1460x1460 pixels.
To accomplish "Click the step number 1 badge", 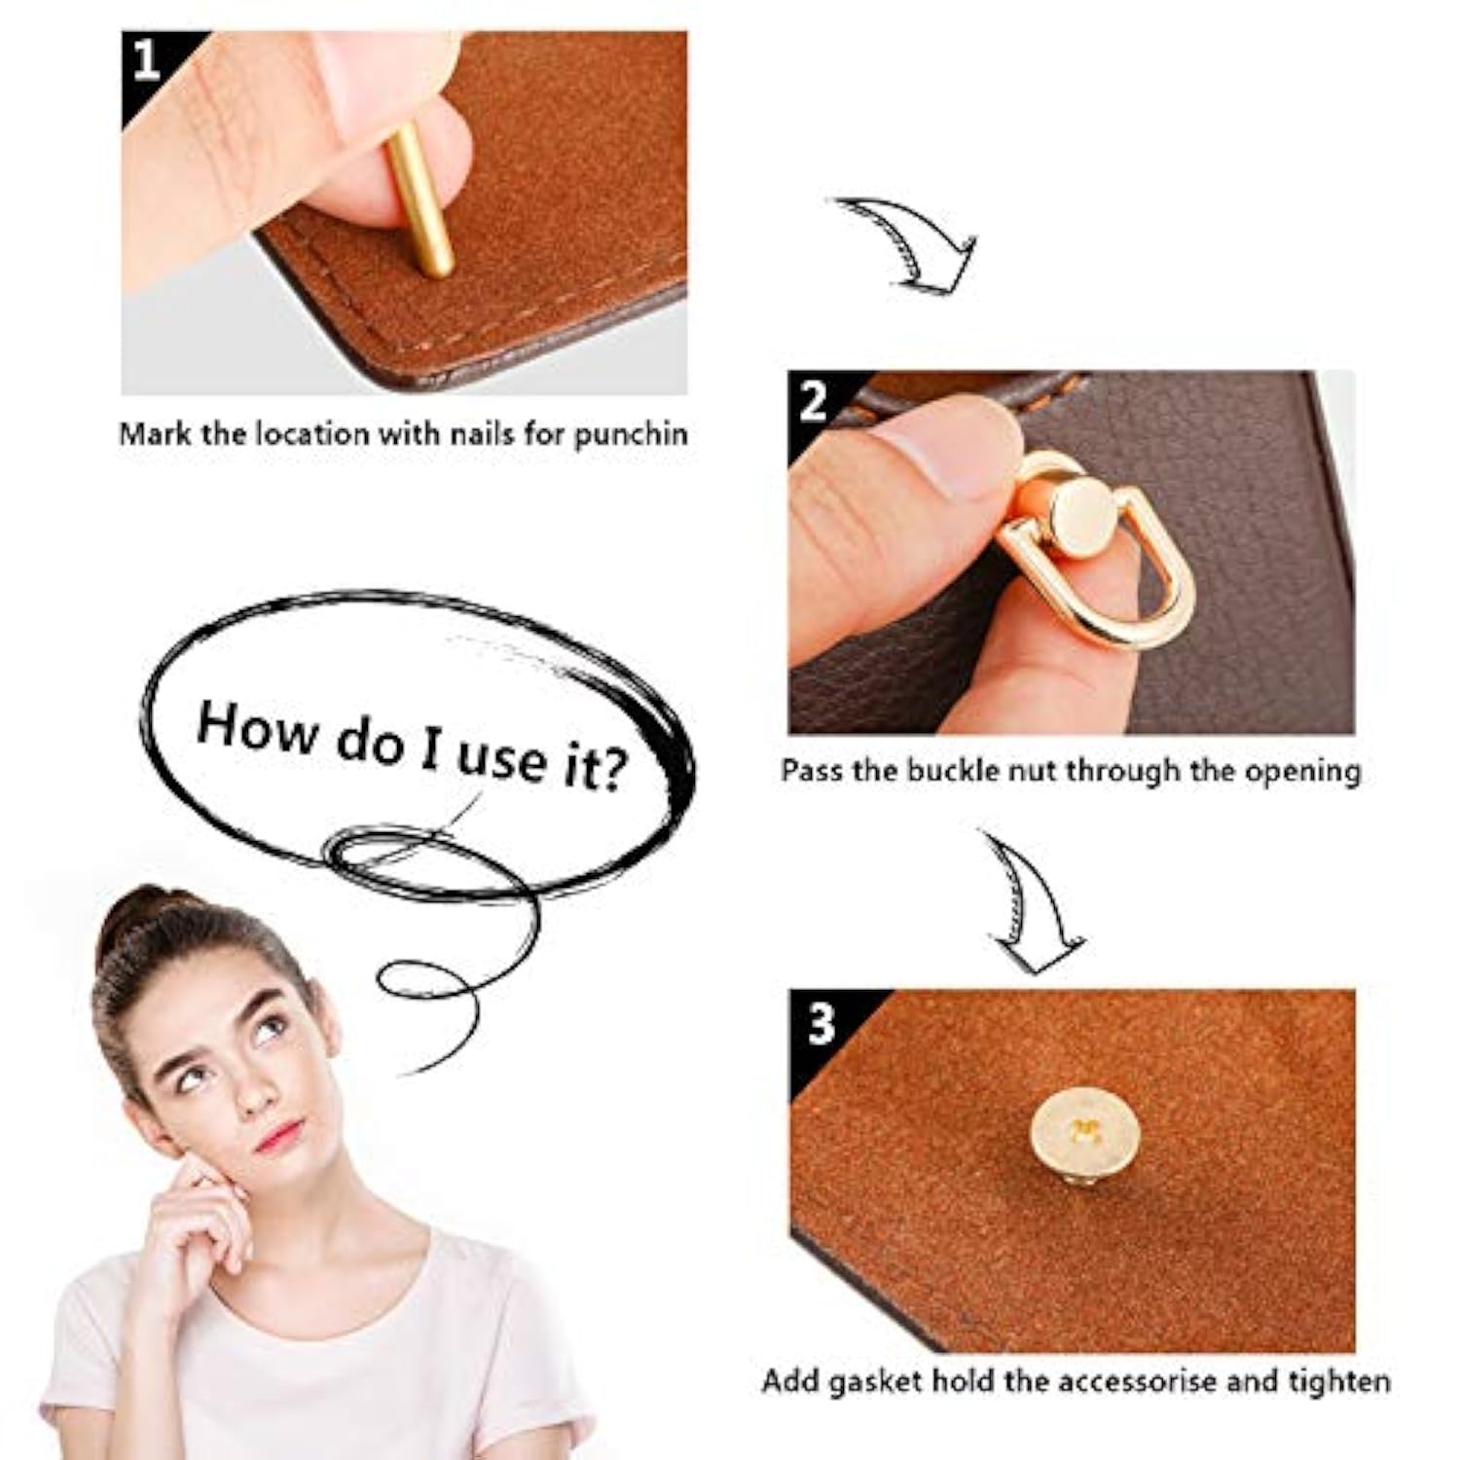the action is [146, 60].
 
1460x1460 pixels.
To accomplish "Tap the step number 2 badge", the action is [813, 400].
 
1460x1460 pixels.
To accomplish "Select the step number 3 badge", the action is [821, 1023].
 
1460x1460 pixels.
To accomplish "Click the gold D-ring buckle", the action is [1099, 544].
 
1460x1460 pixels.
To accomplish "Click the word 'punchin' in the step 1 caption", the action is [630, 434].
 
